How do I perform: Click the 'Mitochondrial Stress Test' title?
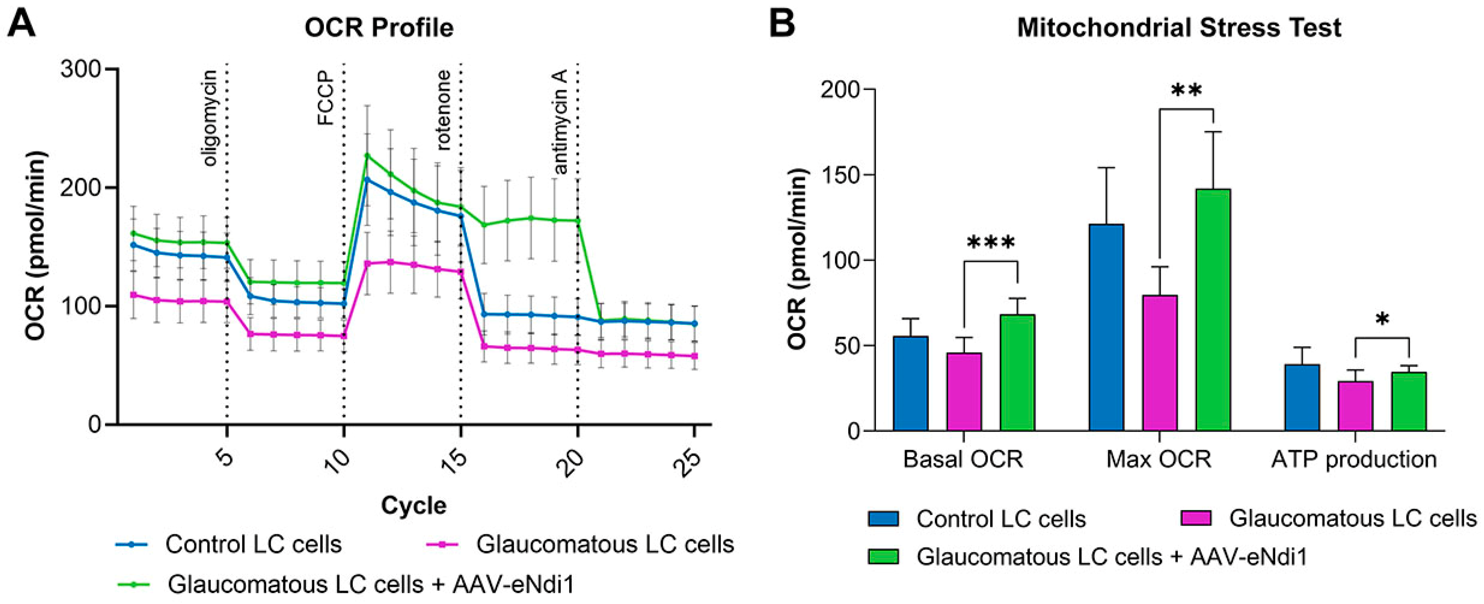click(1179, 28)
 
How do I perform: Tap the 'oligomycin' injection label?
click(211, 118)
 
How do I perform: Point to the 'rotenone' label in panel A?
click(444, 111)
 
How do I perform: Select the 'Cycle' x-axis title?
click(414, 505)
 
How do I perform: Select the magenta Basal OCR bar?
click(964, 392)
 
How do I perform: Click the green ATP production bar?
click(1409, 402)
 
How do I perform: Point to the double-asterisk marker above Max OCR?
click(1186, 91)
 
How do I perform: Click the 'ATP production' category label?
click(1354, 459)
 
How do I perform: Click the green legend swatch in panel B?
click(883, 556)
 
